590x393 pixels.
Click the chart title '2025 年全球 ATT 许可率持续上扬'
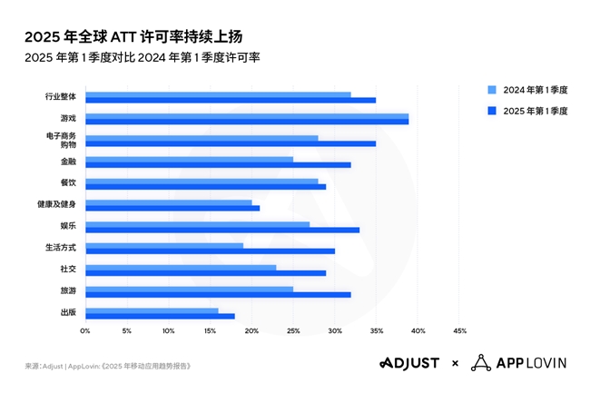[133, 37]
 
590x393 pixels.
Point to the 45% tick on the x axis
[458, 330]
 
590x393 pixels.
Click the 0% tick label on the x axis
[85, 330]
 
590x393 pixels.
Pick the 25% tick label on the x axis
[292, 330]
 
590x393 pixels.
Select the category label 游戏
[68, 118]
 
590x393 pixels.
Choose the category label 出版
[68, 312]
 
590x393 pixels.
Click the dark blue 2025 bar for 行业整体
[231, 100]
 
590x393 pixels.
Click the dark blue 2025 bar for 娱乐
[222, 230]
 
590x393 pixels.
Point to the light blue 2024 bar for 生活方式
[164, 246]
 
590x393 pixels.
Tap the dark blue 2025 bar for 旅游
[218, 295]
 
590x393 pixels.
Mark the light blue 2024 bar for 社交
[181, 268]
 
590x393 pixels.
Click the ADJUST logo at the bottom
[409, 363]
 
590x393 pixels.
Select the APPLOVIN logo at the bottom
[520, 363]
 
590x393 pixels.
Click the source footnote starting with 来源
[108, 366]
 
